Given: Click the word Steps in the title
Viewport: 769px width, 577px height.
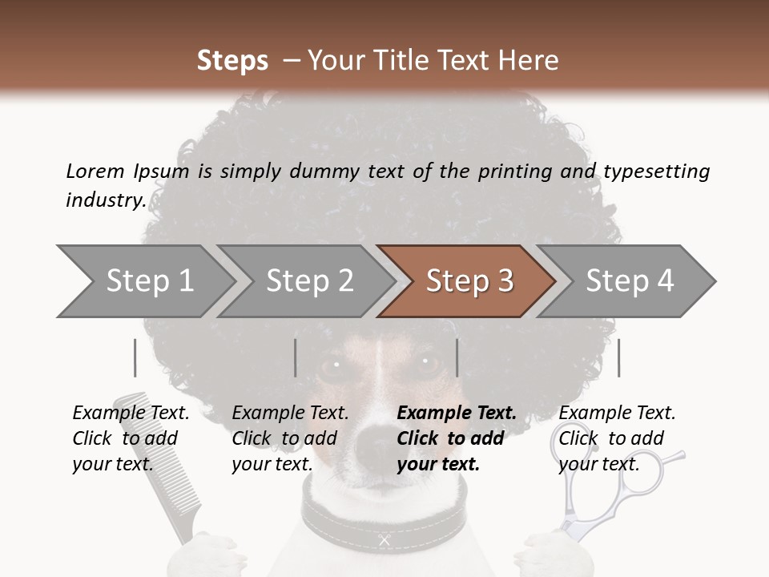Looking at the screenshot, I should (232, 61).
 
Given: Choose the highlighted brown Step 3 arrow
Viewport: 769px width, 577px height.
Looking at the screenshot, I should (469, 281).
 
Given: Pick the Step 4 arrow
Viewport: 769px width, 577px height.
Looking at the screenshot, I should (630, 281).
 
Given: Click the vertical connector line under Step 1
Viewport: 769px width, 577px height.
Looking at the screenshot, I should (135, 357).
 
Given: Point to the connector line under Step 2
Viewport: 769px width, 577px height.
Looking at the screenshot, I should (296, 357).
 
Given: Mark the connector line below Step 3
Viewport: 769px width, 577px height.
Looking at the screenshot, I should (457, 357).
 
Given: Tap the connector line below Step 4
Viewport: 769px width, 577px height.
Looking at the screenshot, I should (618, 357).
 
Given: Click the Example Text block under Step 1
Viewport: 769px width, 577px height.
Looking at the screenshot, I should (131, 438).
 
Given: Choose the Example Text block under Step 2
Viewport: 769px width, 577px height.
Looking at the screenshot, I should (290, 438).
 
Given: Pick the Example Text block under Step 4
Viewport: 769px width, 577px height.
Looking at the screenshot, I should (617, 438).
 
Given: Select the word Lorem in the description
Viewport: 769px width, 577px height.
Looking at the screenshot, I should (95, 171).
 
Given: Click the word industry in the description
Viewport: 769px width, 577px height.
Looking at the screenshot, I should (106, 200).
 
